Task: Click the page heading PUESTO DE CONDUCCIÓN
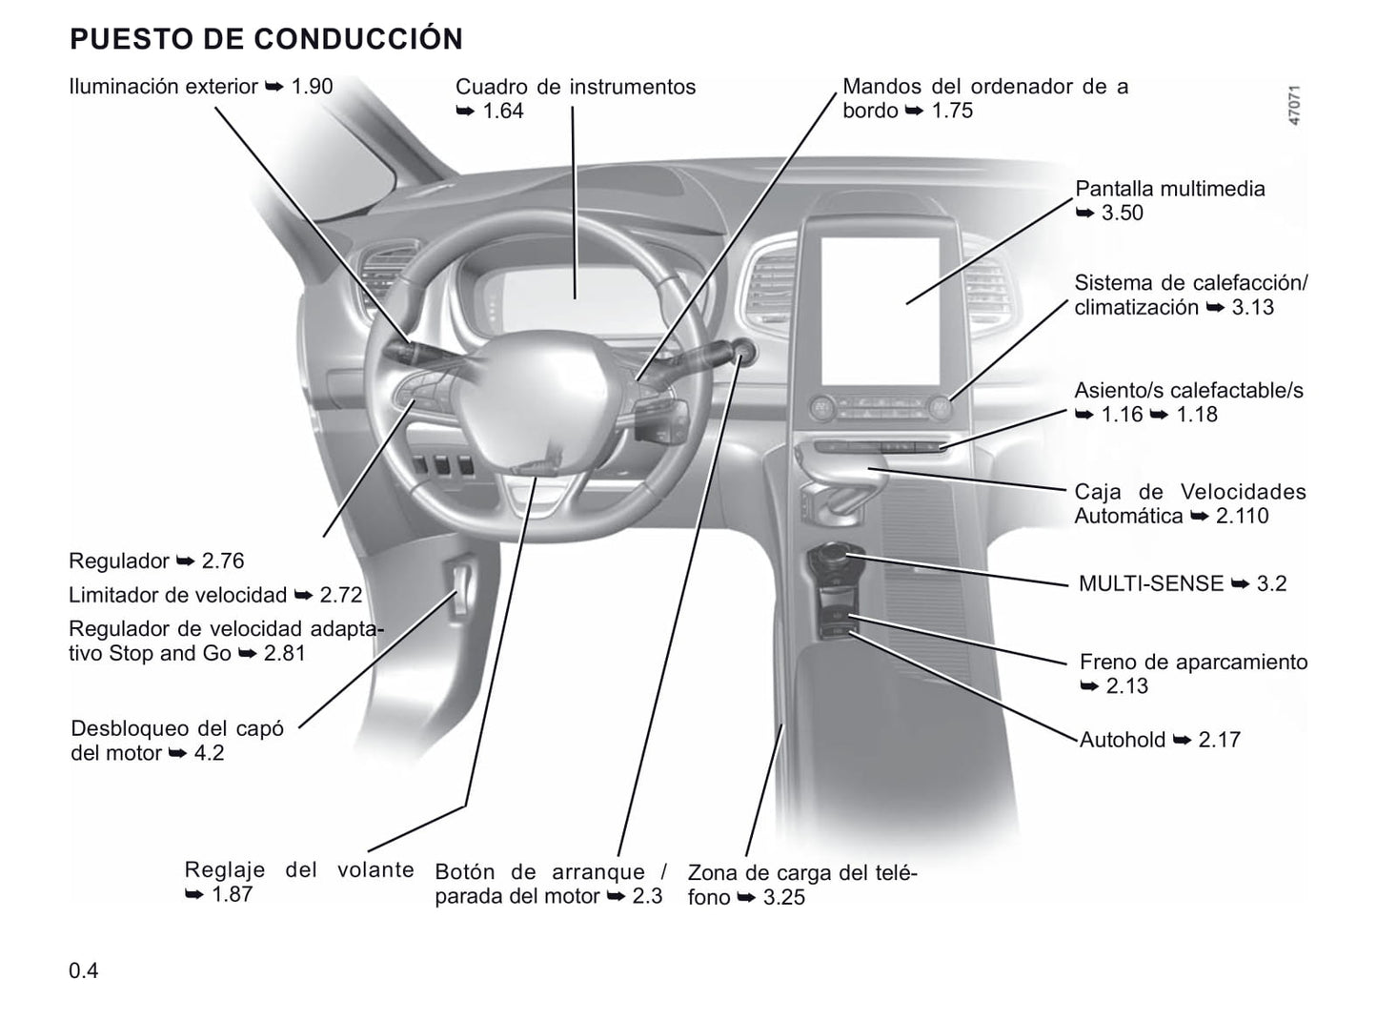(266, 38)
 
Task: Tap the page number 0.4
(83, 970)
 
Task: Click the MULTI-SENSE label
(1151, 583)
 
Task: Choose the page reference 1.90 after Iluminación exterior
(313, 86)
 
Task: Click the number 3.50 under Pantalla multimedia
(1122, 213)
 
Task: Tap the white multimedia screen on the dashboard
(881, 311)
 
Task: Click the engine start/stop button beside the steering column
(742, 352)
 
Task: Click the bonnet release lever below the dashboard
(460, 584)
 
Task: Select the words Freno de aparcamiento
(1193, 662)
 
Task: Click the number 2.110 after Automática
(1242, 516)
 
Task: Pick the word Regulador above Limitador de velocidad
(118, 561)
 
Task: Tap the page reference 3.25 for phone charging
(783, 897)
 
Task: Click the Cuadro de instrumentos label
(576, 87)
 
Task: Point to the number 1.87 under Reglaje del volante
(233, 894)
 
